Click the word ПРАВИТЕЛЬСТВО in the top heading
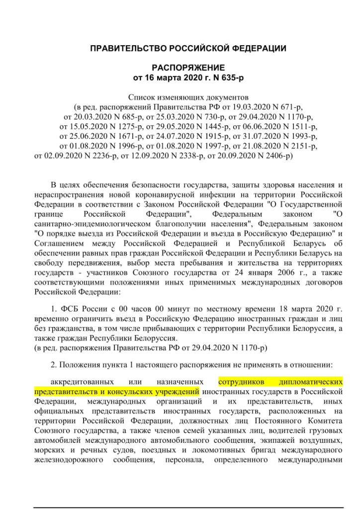(125, 48)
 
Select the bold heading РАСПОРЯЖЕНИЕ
(188, 68)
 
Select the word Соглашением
(58, 243)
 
